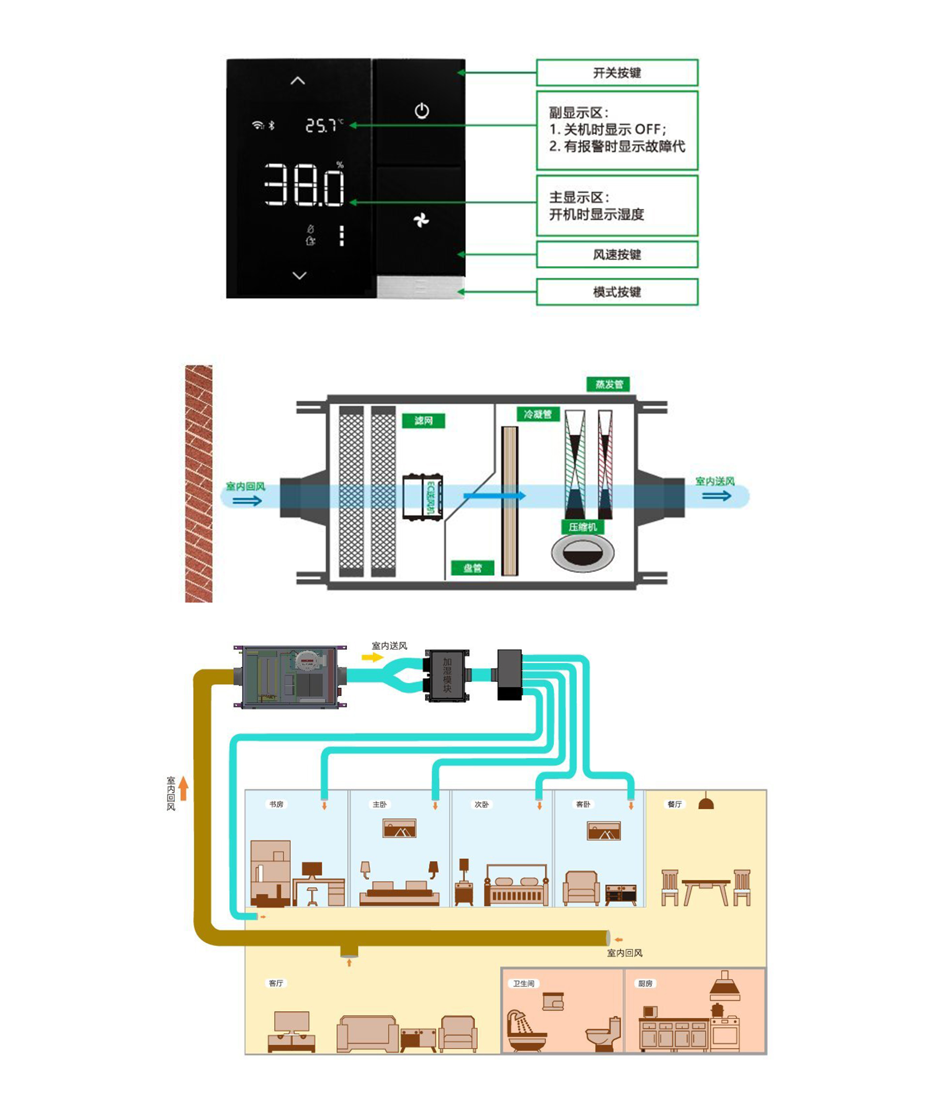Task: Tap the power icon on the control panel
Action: [421, 111]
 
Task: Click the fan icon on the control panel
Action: [421, 220]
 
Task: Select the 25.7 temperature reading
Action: [321, 125]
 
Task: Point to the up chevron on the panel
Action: [298, 81]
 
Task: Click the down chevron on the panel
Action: [299, 275]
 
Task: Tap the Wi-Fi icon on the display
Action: [257, 125]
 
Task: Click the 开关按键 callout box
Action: [617, 73]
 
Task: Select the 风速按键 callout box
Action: [617, 255]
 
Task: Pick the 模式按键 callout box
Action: [617, 292]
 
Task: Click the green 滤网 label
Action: [423, 420]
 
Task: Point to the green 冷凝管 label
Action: [537, 415]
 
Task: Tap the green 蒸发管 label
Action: [608, 385]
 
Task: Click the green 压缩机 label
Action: [583, 526]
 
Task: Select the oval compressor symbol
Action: [583, 553]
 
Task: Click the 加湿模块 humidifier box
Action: [447, 675]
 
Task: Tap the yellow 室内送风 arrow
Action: [372, 657]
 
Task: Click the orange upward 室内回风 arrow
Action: [184, 788]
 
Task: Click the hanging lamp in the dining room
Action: [706, 803]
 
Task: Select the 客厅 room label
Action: [276, 983]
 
